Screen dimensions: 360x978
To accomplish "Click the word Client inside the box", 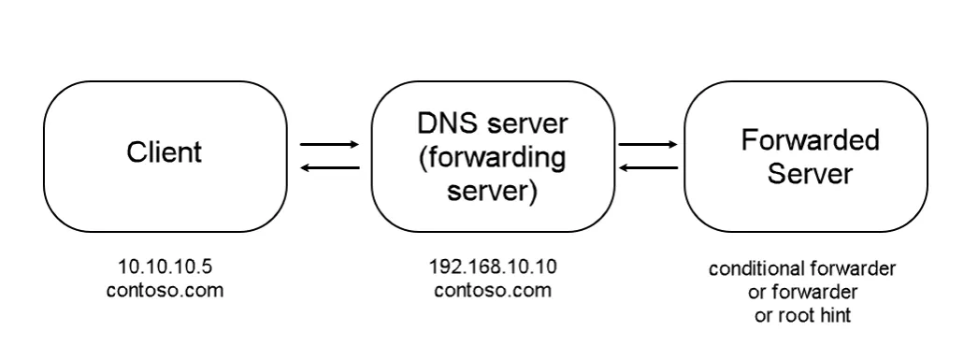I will pyautogui.click(x=164, y=151).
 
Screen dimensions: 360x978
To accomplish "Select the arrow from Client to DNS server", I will pyautogui.click(x=328, y=145).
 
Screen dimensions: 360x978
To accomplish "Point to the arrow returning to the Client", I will pyautogui.click(x=328, y=167).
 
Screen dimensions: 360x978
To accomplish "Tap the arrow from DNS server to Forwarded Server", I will pyautogui.click(x=648, y=145).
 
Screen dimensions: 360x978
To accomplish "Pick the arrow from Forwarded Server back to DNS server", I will pyautogui.click(x=648, y=167).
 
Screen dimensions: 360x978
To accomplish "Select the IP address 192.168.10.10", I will pyautogui.click(x=493, y=268).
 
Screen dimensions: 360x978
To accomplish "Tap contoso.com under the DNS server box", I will pyautogui.click(x=493, y=290).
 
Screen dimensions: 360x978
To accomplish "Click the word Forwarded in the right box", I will pyautogui.click(x=810, y=140).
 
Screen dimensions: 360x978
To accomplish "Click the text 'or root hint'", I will pyautogui.click(x=802, y=314).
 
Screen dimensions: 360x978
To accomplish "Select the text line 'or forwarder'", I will pyautogui.click(x=802, y=292).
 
